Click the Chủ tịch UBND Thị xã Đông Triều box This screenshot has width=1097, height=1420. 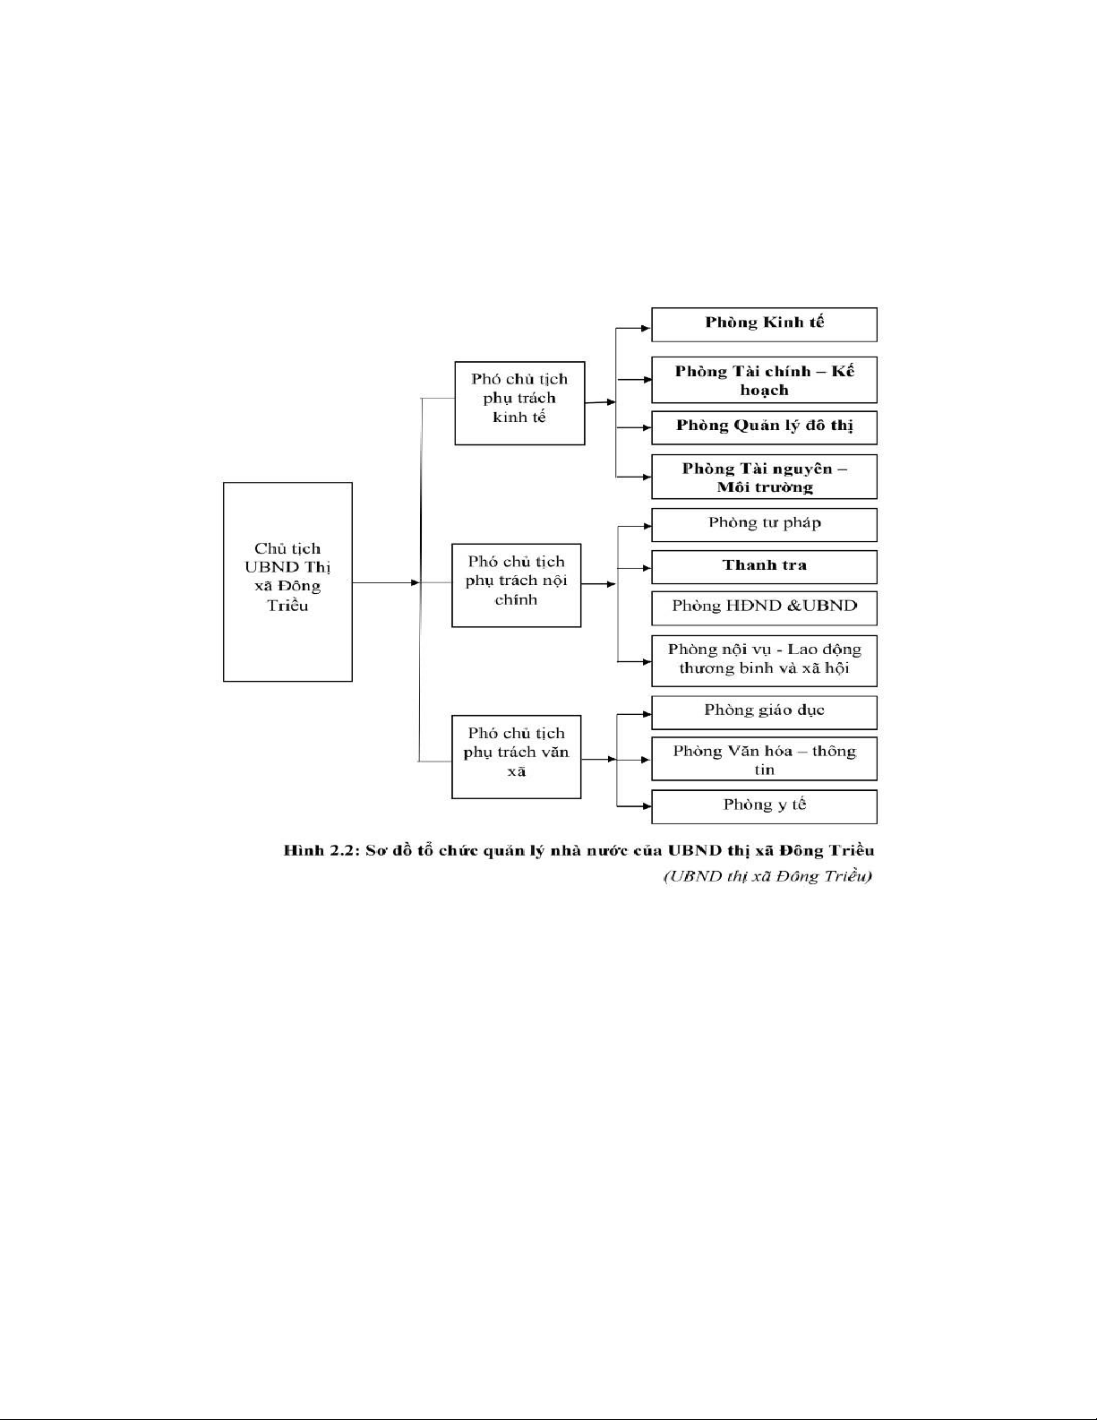pyautogui.click(x=287, y=581)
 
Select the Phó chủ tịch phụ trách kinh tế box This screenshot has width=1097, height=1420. pyautogui.click(x=519, y=403)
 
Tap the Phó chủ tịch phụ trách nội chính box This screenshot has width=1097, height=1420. pyautogui.click(x=516, y=584)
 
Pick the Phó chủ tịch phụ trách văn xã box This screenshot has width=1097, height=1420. pyautogui.click(x=516, y=756)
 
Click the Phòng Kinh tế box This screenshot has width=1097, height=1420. pyautogui.click(x=764, y=324)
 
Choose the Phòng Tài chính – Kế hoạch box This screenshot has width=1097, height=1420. pyautogui.click(x=764, y=381)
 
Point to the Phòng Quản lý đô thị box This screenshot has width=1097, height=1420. pyautogui.click(x=764, y=427)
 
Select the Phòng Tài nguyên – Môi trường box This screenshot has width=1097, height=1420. pyautogui.click(x=764, y=478)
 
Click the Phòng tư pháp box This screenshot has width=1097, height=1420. pyautogui.click(x=764, y=525)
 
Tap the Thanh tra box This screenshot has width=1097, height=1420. pyautogui.click(x=764, y=567)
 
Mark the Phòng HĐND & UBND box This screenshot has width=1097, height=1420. pyautogui.click(x=764, y=608)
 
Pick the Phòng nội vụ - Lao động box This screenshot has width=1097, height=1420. pyautogui.click(x=764, y=660)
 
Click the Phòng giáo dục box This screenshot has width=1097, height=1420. pyautogui.click(x=764, y=712)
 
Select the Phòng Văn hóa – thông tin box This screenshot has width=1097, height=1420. pyautogui.click(x=764, y=760)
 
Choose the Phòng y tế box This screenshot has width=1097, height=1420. pyautogui.click(x=764, y=806)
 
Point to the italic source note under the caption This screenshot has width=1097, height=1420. pyautogui.click(x=767, y=875)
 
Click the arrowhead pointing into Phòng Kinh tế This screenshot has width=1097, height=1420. pyautogui.click(x=646, y=329)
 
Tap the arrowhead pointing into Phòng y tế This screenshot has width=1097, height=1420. pyautogui.click(x=646, y=806)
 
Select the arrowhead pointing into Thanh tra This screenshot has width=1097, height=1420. pyautogui.click(x=646, y=568)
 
